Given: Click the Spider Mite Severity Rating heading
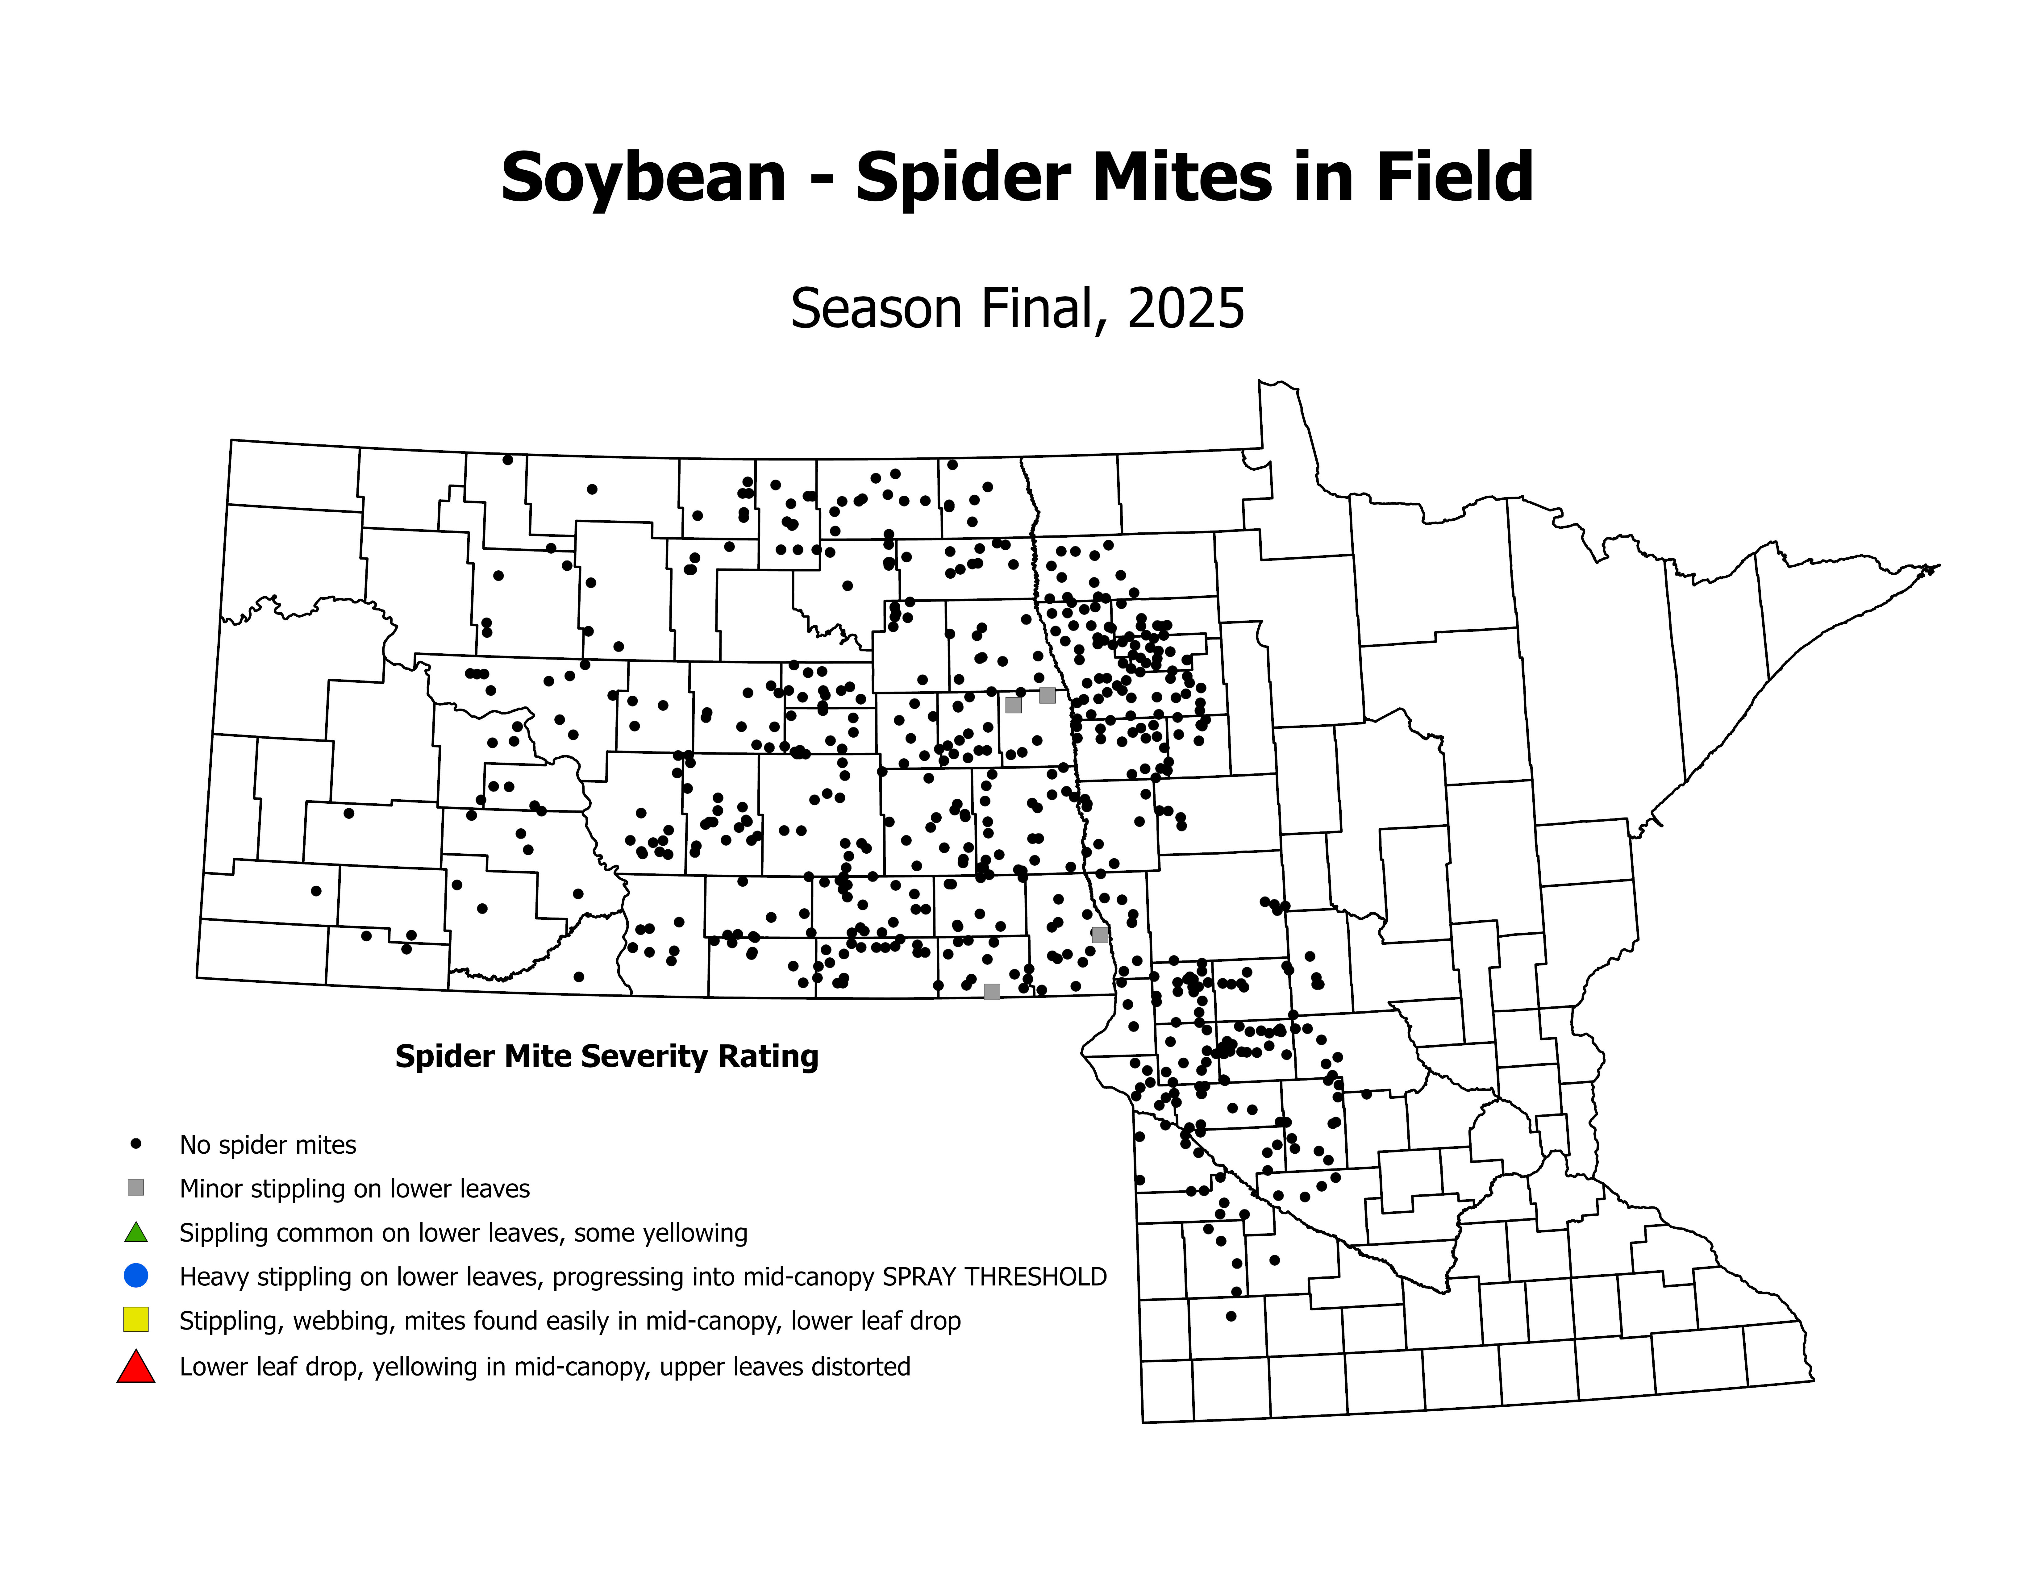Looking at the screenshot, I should pyautogui.click(x=606, y=1056).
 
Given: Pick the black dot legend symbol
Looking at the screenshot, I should pyautogui.click(x=136, y=1143).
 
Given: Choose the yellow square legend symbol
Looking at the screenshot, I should pyautogui.click(x=136, y=1319).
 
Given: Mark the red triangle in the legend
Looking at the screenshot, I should pyautogui.click(x=136, y=1367).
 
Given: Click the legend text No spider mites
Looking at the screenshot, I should pyautogui.click(x=268, y=1145).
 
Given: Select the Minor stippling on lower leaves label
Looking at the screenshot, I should pyautogui.click(x=354, y=1189).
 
